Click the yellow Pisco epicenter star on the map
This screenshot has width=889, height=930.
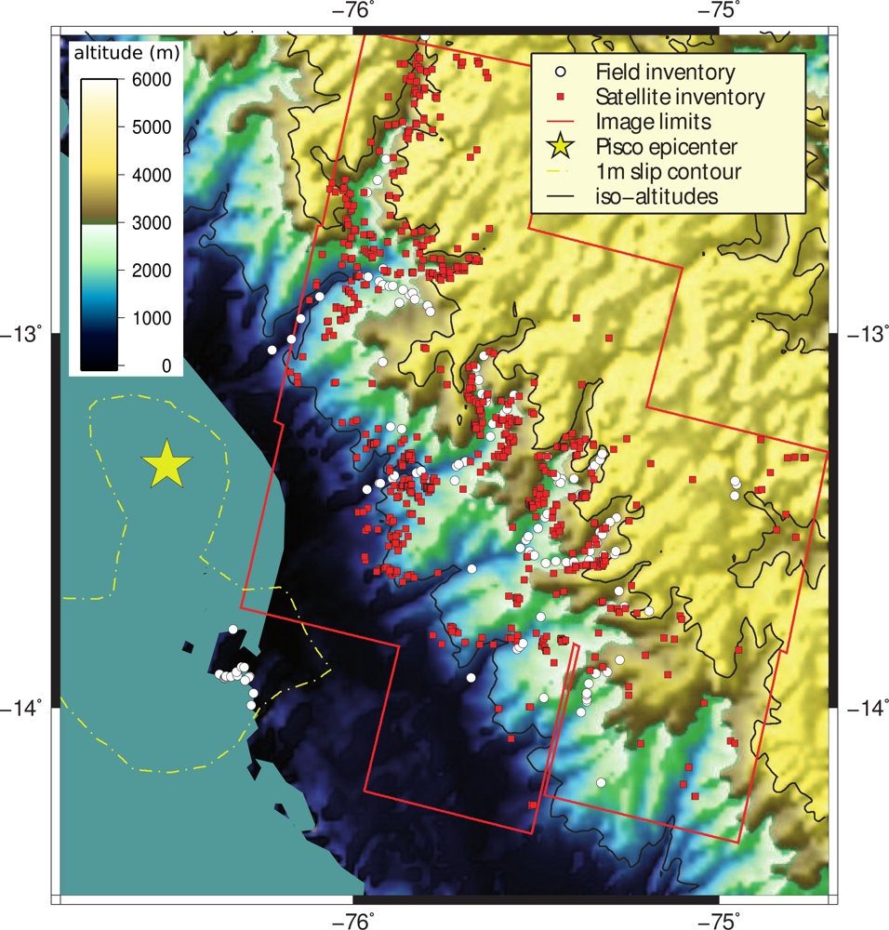167,464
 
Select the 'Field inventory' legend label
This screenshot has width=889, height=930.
665,72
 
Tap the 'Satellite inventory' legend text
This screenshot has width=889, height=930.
680,97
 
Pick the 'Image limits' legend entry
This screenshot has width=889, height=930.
653,121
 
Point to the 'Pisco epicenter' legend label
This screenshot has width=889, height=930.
667,147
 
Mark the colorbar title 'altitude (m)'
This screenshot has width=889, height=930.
126,53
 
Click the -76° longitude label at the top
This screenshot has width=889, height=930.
357,11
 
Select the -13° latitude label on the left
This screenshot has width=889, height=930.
25,333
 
